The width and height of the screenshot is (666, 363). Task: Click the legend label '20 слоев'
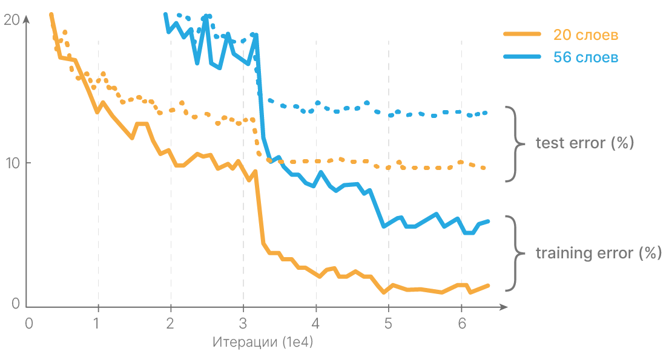pyautogui.click(x=585, y=34)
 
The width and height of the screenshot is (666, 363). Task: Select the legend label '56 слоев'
pyautogui.click(x=585, y=57)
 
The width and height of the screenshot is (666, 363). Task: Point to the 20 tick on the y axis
pyautogui.click(x=12, y=21)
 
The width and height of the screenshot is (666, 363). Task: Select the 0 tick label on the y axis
pyautogui.click(x=16, y=304)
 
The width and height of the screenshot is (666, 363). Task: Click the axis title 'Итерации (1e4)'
pyautogui.click(x=263, y=342)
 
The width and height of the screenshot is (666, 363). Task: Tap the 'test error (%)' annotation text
pyautogui.click(x=585, y=144)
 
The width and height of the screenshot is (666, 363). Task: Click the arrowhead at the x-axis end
pyautogui.click(x=503, y=308)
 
